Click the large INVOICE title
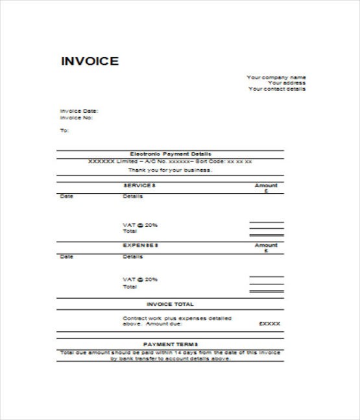[x=90, y=62]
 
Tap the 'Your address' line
[x=286, y=83]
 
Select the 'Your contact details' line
[x=277, y=89]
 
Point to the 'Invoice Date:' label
[x=79, y=111]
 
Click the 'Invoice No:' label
[x=77, y=117]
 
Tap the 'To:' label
[x=64, y=130]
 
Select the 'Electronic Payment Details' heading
[x=171, y=154]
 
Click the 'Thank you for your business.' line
[x=170, y=170]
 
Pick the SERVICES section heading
[x=139, y=185]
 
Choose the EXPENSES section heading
[x=141, y=246]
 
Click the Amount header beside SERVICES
[x=266, y=185]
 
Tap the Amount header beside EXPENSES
[x=266, y=246]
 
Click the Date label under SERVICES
[x=66, y=196]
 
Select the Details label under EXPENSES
[x=132, y=257]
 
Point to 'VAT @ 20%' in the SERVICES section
[x=140, y=225]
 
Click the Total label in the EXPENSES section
[x=130, y=286]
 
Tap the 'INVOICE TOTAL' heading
[x=170, y=303]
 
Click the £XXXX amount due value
[x=269, y=323]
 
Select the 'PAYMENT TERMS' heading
[x=170, y=344]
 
